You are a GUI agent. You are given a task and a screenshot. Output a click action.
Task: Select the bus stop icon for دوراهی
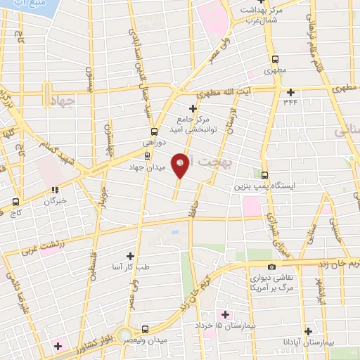tap(154, 131)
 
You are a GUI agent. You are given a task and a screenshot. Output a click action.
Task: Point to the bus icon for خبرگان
tap(53, 189)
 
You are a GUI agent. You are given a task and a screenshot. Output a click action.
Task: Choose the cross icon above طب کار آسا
tap(129, 256)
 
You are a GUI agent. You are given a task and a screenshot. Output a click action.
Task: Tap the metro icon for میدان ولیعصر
tap(144, 329)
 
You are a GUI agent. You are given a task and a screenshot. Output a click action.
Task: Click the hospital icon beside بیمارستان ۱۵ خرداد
tap(225, 314)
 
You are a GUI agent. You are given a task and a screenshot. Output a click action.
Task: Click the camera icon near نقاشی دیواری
tap(252, 267)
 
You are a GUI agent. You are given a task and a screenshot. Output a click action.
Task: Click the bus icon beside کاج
tap(15, 201)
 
